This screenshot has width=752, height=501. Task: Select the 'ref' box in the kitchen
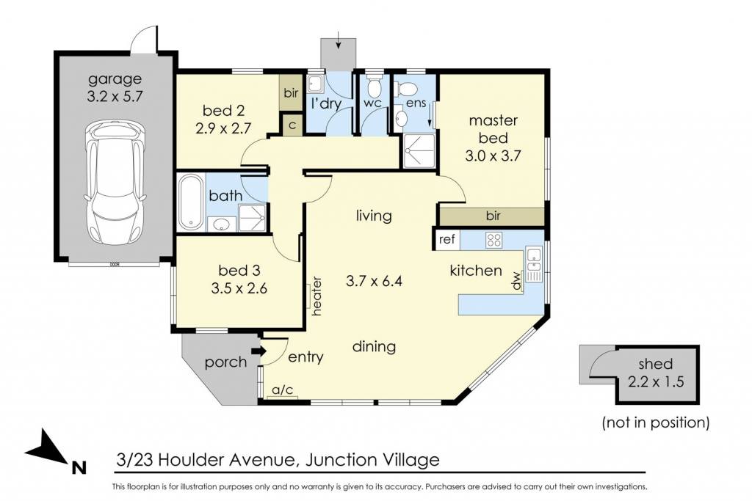(x=446, y=239)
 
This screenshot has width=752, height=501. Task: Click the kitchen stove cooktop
(x=493, y=239)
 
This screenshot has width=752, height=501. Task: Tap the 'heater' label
(x=317, y=296)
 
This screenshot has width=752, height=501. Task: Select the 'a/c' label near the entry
(x=283, y=390)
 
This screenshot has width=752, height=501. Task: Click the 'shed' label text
(x=655, y=364)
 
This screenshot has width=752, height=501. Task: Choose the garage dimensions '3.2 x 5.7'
(x=115, y=96)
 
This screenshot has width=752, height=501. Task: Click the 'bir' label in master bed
(x=493, y=216)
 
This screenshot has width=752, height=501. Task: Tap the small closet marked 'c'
(x=292, y=125)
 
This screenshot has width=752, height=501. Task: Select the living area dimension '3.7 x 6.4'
(x=374, y=281)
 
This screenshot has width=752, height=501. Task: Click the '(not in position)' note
(x=656, y=422)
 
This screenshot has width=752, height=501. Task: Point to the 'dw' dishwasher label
(x=516, y=281)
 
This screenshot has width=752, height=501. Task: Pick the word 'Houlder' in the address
(x=192, y=460)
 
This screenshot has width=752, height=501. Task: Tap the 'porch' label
(x=225, y=362)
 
